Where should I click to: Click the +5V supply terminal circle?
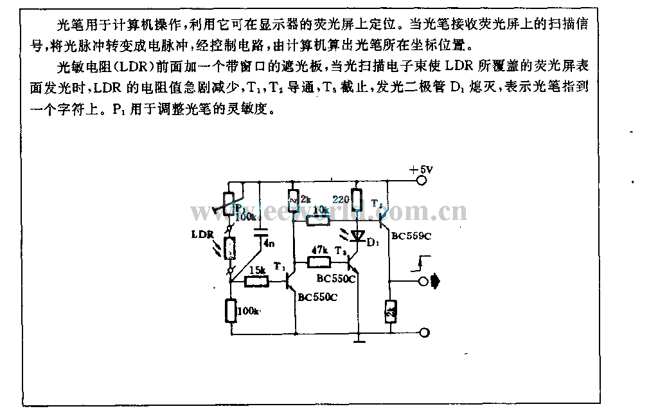[423, 181]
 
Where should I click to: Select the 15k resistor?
[258, 281]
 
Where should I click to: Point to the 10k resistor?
[317, 220]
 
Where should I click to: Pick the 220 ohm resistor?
[357, 205]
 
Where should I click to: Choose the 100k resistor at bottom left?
[230, 311]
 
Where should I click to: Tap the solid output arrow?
[437, 281]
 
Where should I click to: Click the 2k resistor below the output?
[390, 312]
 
